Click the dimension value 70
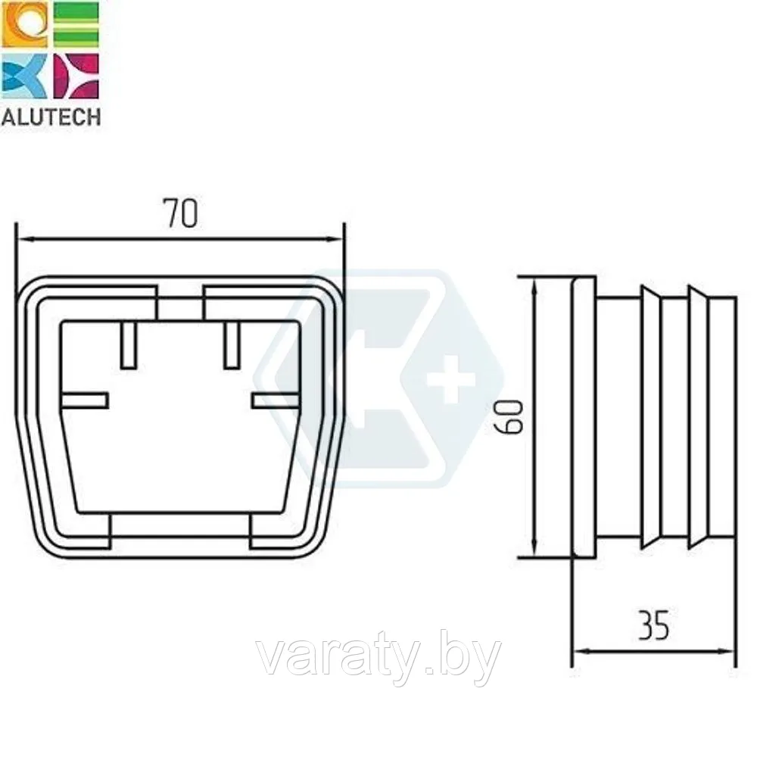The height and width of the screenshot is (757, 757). pyautogui.click(x=181, y=213)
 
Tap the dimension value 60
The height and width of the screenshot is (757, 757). pyautogui.click(x=512, y=416)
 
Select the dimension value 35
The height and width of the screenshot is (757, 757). pyautogui.click(x=654, y=625)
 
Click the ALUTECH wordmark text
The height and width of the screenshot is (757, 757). pyautogui.click(x=51, y=117)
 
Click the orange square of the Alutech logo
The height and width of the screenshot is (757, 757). pyautogui.click(x=25, y=25)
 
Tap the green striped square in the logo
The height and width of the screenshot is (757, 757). pyautogui.click(x=76, y=25)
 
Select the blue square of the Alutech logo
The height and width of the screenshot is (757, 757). pyautogui.click(x=25, y=76)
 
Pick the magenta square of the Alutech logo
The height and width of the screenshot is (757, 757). pyautogui.click(x=76, y=76)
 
